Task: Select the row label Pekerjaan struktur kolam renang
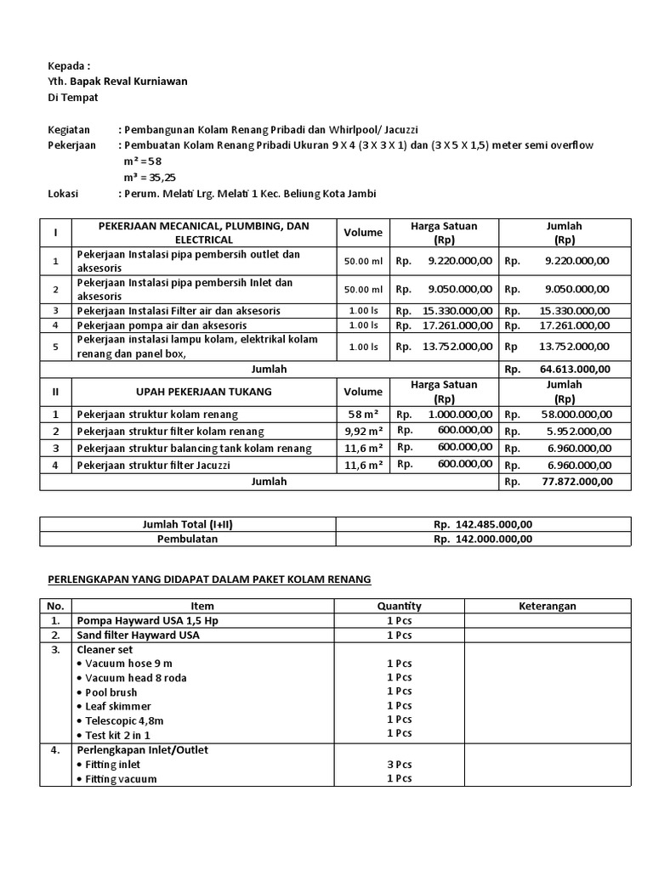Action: coord(157,415)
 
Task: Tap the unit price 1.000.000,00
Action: coord(459,415)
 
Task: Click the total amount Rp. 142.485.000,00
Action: coord(482,524)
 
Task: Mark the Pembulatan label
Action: coord(187,539)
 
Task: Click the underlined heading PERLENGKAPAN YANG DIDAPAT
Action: coord(208,579)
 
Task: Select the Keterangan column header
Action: coord(548,606)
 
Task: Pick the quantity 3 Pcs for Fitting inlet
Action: coord(399,765)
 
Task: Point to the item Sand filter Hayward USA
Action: coord(137,636)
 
